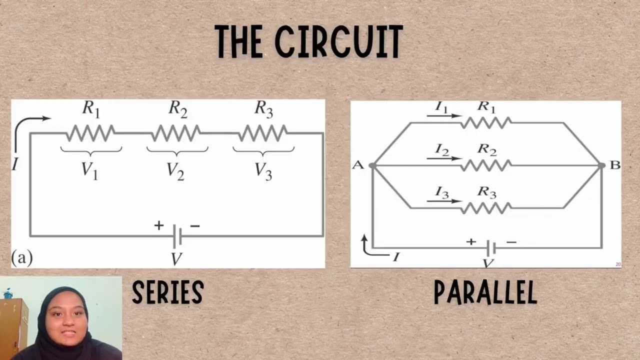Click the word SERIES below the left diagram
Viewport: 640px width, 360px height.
168,292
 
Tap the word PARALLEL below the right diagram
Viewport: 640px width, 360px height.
485,292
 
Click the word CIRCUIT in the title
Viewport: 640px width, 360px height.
338,42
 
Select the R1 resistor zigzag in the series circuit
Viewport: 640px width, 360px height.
90,133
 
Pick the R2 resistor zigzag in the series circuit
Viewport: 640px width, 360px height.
176,133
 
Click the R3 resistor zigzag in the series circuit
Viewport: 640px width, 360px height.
263,133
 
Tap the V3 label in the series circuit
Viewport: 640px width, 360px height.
263,169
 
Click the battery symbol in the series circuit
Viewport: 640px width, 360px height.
176,236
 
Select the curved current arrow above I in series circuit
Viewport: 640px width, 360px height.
27,125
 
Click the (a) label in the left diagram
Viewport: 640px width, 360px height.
21,258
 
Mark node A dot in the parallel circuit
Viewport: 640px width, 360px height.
372,165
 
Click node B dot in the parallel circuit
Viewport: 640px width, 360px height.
601,165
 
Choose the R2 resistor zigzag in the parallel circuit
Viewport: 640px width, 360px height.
486,165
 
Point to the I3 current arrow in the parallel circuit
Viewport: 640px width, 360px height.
444,201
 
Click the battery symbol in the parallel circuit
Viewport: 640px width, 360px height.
491,247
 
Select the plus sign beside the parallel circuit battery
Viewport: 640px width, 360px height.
471,242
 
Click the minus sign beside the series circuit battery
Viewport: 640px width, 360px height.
195,226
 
